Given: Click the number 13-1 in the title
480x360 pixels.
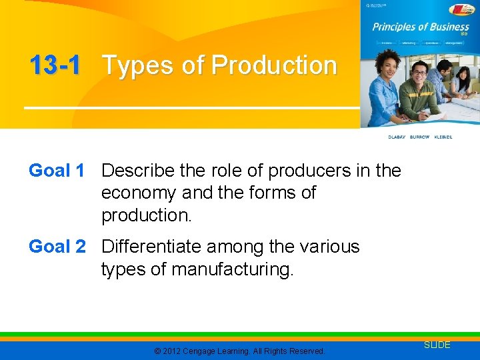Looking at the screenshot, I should pyautogui.click(x=55, y=66).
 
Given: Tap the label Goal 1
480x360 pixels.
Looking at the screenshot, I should pyautogui.click(x=57, y=171).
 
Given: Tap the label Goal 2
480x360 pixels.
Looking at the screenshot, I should pyautogui.click(x=57, y=247).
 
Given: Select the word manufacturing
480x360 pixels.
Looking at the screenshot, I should pyautogui.click(x=232, y=269).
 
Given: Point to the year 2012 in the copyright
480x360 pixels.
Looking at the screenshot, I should pyautogui.click(x=171, y=351).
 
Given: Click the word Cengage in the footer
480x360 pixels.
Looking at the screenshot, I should pyautogui.click(x=205, y=351).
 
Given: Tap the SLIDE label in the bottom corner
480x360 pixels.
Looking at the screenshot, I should pyautogui.click(x=437, y=345).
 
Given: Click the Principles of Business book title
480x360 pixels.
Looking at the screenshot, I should pyautogui.click(x=420, y=27).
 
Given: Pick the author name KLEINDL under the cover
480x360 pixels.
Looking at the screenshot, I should pyautogui.click(x=443, y=137).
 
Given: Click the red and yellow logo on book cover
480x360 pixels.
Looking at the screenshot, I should pyautogui.click(x=461, y=9).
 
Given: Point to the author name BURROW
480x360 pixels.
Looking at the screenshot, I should pyautogui.click(x=420, y=137).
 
